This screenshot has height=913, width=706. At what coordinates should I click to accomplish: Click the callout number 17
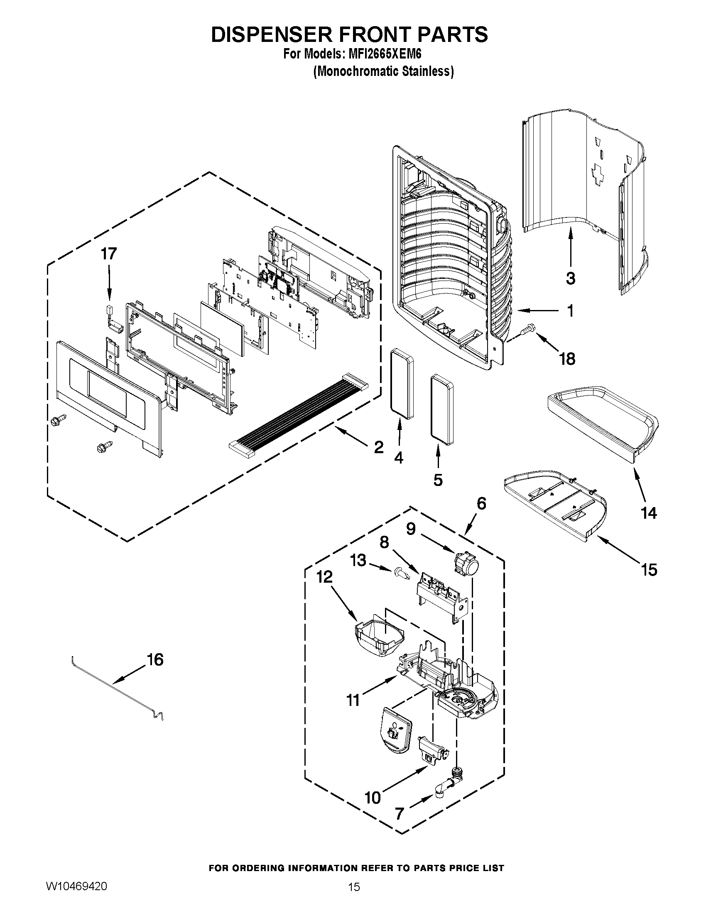point(108,254)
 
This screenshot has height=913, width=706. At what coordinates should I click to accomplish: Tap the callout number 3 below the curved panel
point(571,278)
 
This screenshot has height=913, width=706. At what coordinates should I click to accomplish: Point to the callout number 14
point(649,513)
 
